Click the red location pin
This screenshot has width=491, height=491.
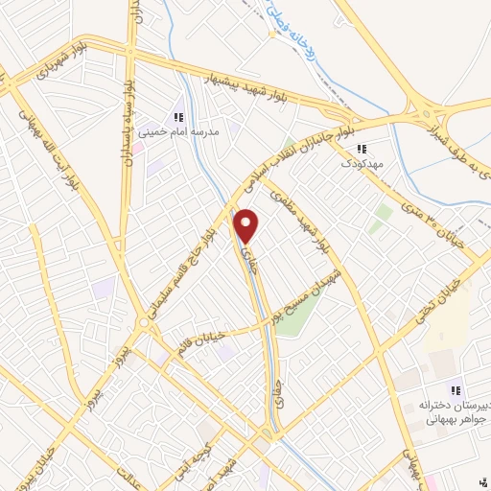pos(247,226)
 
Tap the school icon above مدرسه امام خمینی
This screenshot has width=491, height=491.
pos(178,116)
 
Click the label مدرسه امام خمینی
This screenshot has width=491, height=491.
pos(179,130)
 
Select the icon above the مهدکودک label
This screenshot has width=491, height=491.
pos(362,149)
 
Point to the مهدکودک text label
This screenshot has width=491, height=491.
pos(362,163)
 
